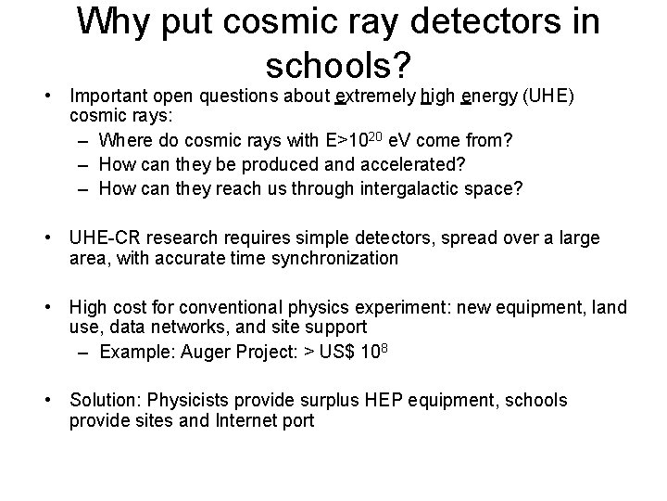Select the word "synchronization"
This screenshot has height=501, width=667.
[334, 259]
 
